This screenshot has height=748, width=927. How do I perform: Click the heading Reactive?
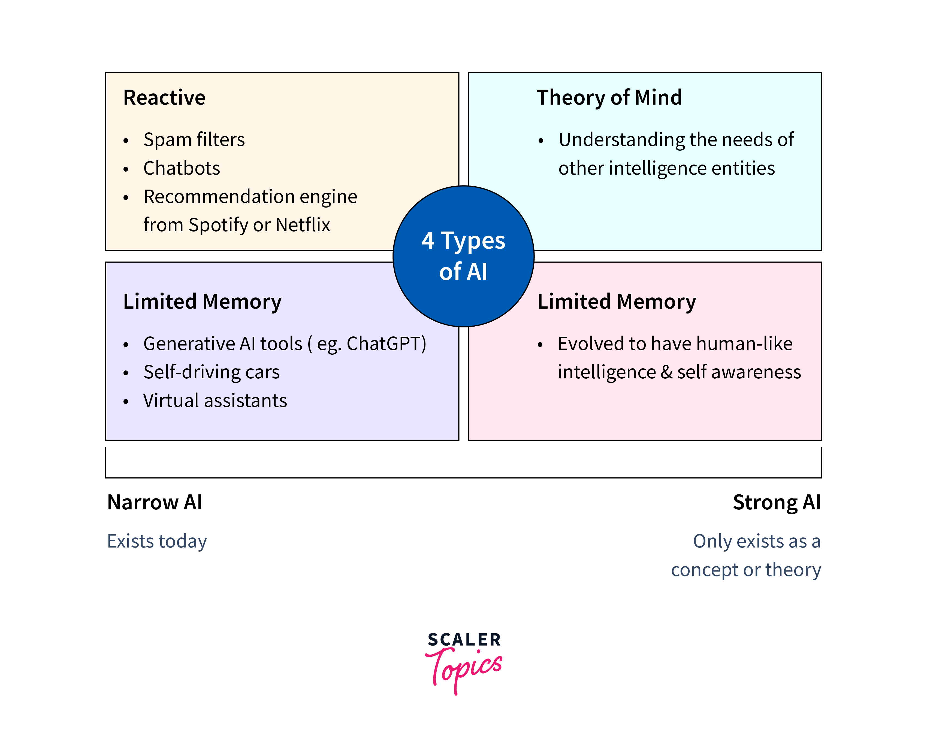point(164,97)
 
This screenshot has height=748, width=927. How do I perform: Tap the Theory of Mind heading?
point(609,97)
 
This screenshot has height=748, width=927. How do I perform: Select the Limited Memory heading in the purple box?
point(202,301)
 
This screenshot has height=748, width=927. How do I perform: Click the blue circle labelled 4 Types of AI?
point(463,256)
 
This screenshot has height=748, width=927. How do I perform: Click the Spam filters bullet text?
point(194,140)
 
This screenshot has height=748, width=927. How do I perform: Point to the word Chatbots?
point(182,168)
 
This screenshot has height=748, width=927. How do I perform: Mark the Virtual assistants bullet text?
point(215,401)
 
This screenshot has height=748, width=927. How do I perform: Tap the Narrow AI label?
point(154,502)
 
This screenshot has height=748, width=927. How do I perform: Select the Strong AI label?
point(777,502)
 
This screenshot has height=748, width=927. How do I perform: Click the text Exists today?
point(157,542)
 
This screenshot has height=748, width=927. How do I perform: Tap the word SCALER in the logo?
point(464,640)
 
